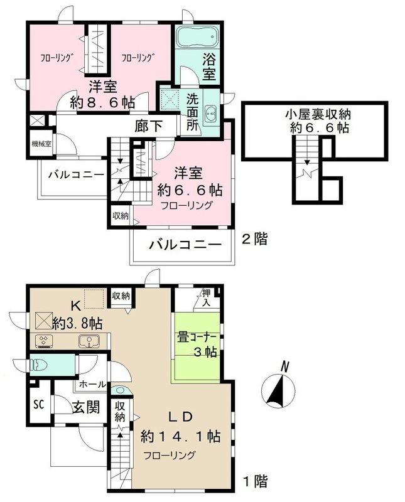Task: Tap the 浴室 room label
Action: click(209, 68)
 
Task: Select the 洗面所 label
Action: click(192, 111)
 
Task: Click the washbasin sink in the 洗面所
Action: click(211, 112)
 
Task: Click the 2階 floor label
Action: click(254, 238)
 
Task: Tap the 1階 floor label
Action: click(254, 482)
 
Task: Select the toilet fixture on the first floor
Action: click(38, 364)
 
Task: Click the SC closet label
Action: click(38, 402)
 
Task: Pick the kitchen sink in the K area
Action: click(88, 342)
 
